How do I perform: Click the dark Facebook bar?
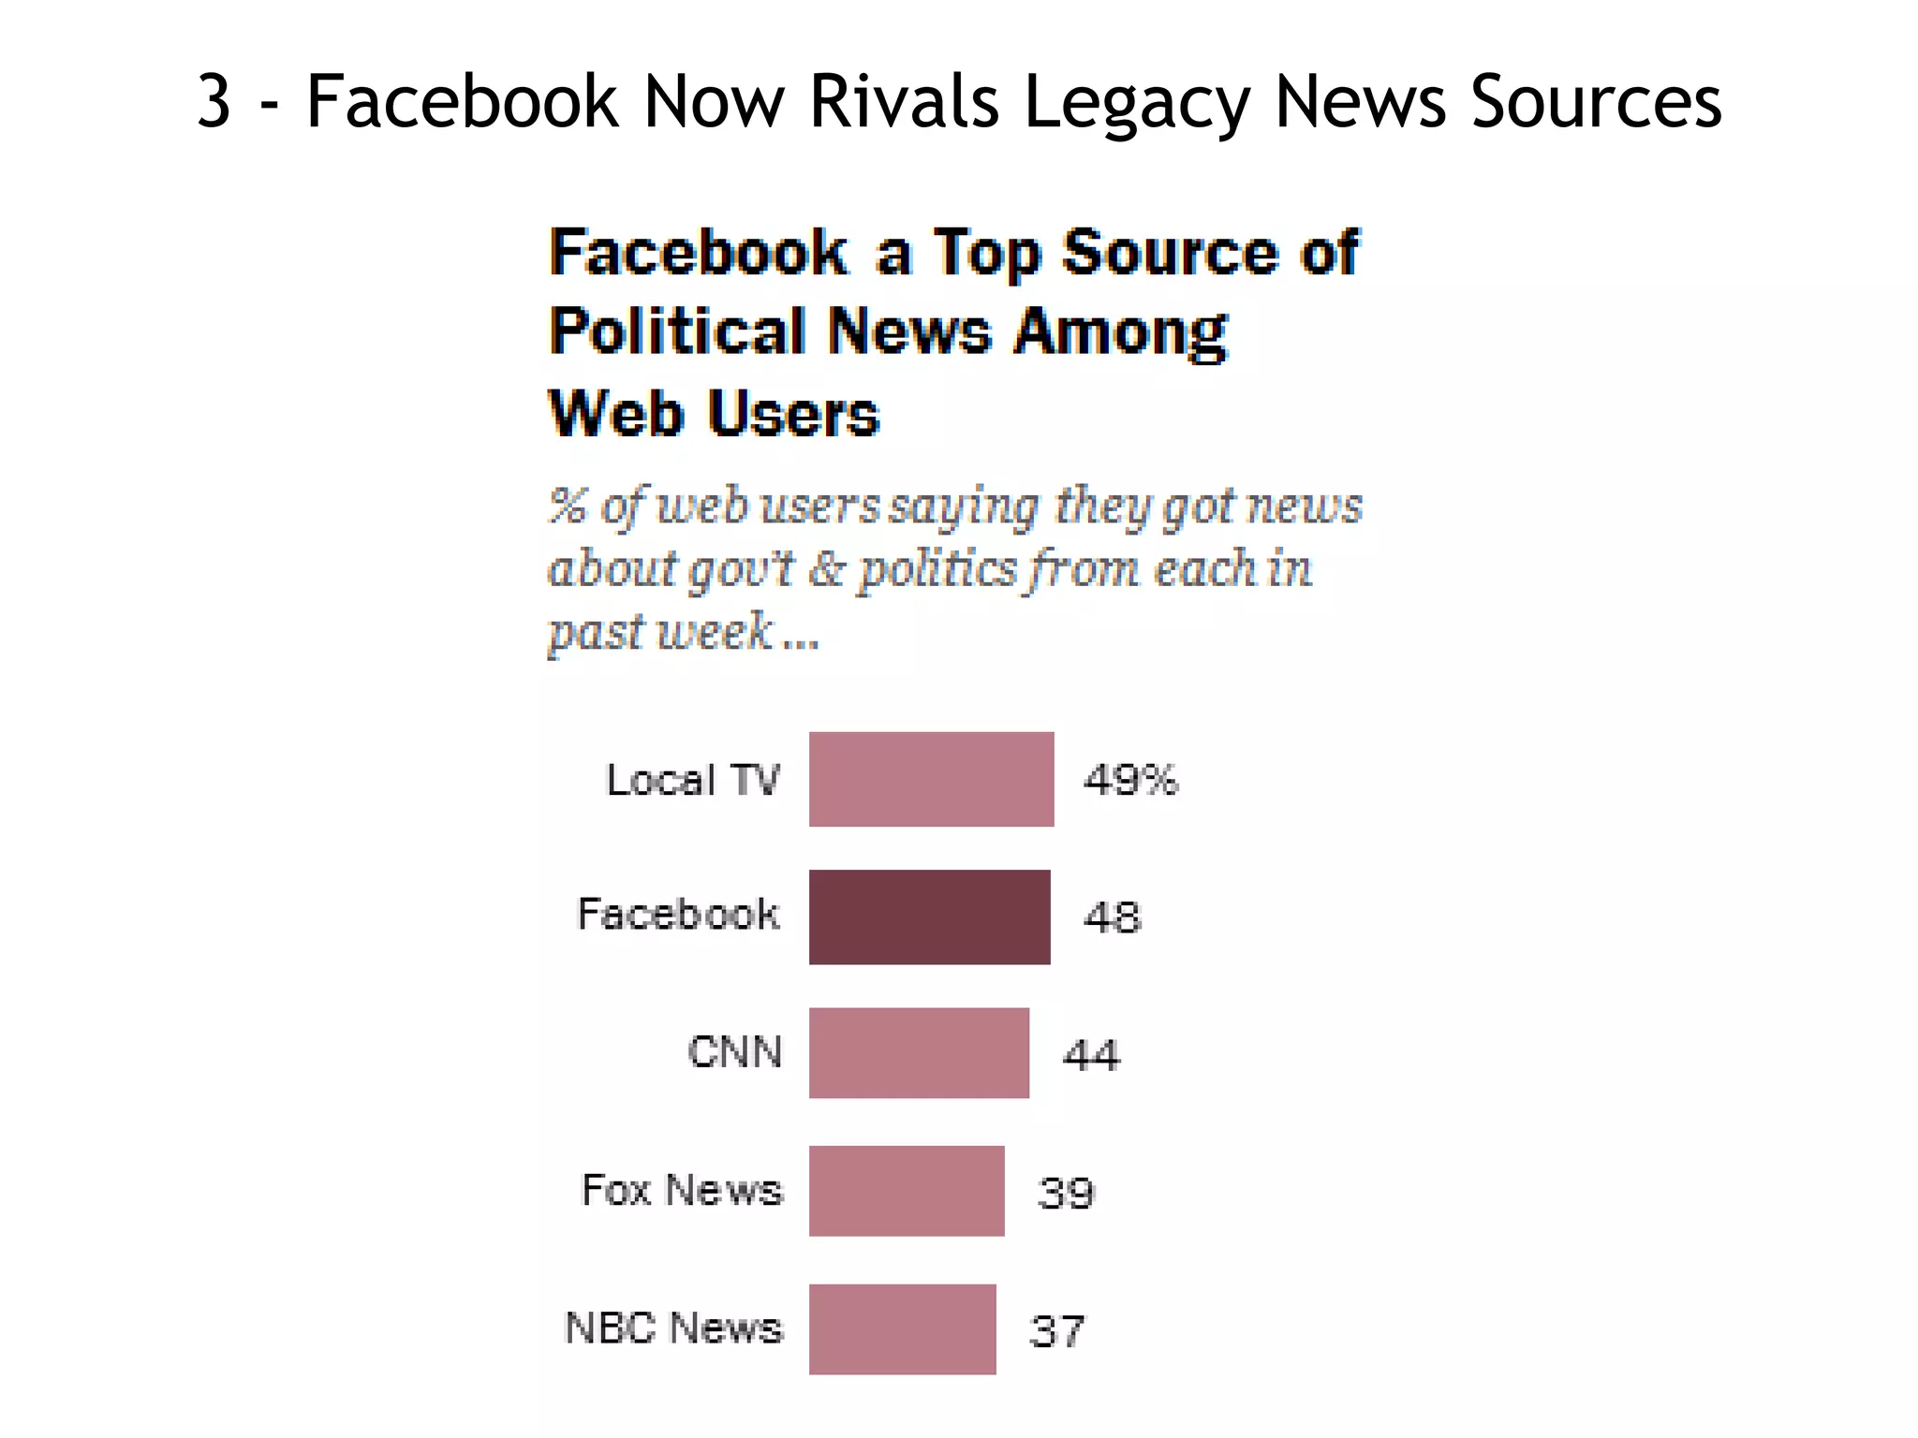(929, 917)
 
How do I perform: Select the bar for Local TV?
(931, 779)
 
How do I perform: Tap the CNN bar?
(919, 1052)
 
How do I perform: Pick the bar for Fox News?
(907, 1191)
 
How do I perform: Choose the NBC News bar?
(902, 1328)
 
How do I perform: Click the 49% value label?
(1130, 779)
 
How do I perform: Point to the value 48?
(1113, 917)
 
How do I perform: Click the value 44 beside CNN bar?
(1091, 1055)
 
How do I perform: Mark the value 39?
(1066, 1193)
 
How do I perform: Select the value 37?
(1057, 1330)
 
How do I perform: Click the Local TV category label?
(693, 779)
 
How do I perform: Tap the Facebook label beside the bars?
(678, 914)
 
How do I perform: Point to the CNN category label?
(735, 1051)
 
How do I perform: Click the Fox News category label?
(682, 1190)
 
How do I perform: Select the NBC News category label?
(673, 1328)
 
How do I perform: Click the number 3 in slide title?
(214, 101)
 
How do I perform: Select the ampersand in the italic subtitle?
(826, 568)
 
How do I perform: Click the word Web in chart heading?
(615, 413)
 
